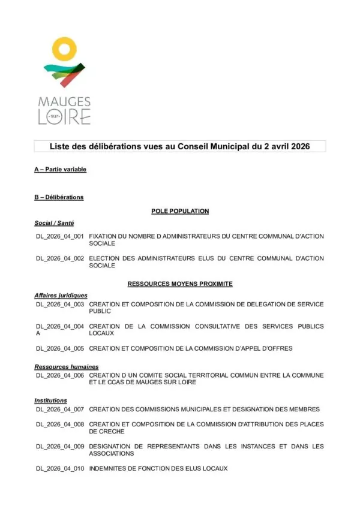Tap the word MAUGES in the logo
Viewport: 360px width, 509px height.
click(64, 102)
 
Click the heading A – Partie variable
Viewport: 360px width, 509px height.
click(61, 170)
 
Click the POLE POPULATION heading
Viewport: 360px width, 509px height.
click(179, 211)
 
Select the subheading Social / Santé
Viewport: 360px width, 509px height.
click(54, 223)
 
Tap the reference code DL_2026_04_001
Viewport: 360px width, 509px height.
click(60, 237)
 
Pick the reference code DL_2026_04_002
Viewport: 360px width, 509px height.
click(60, 258)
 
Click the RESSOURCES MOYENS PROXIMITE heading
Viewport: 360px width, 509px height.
click(179, 283)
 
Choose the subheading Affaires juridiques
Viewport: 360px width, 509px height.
click(61, 296)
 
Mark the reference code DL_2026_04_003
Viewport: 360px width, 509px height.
click(60, 305)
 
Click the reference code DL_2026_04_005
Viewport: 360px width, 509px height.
click(60, 348)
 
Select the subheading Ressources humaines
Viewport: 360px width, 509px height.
click(67, 367)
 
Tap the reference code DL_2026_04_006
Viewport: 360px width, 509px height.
click(60, 375)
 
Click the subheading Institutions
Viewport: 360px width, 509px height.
click(51, 400)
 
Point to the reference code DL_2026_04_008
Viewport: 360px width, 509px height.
click(60, 424)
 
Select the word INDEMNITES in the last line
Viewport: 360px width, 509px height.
click(109, 468)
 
